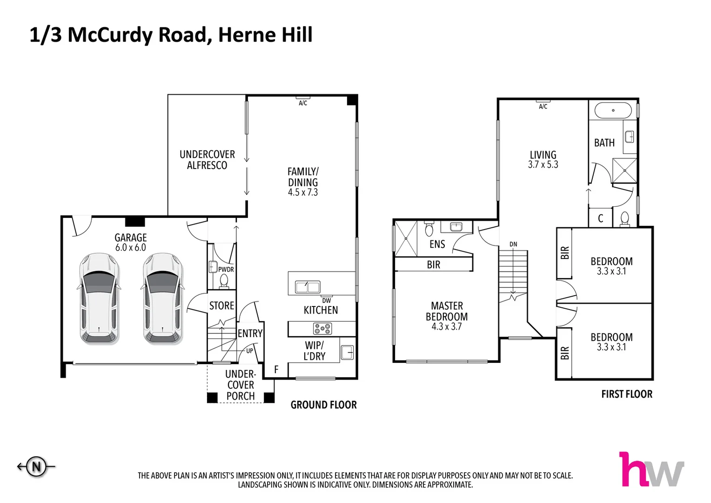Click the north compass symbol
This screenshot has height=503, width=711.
click(x=36, y=466)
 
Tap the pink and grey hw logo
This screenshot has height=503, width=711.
click(x=651, y=469)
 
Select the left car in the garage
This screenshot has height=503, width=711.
click(x=99, y=299)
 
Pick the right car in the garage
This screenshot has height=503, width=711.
click(x=162, y=299)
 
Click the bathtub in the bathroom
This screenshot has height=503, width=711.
click(x=613, y=110)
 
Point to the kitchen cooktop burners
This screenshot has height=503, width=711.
click(x=322, y=329)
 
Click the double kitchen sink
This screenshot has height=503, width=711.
click(x=307, y=287)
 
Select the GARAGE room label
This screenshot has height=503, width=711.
click(x=131, y=238)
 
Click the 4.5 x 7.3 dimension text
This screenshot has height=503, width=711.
click(x=303, y=192)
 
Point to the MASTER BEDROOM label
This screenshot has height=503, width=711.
click(x=447, y=311)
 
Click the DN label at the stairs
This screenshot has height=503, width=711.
click(x=513, y=244)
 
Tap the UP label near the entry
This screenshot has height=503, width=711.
click(x=250, y=351)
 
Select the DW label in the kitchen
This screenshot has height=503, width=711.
click(x=327, y=301)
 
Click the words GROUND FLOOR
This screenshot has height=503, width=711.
click(x=323, y=405)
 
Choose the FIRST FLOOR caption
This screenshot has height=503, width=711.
click(x=627, y=394)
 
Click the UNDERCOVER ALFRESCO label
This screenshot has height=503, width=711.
click(x=207, y=160)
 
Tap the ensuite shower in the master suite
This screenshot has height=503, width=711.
click(x=406, y=238)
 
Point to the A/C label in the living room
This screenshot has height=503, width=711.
click(x=543, y=107)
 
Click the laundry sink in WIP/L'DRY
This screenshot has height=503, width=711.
click(x=347, y=353)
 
